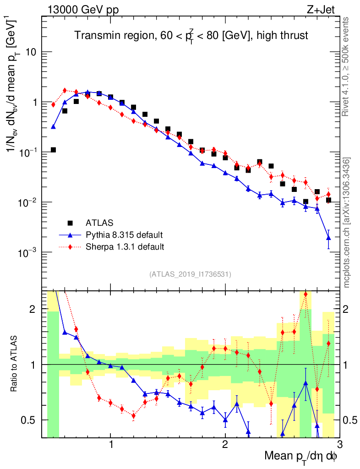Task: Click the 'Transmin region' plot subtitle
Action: (191, 36)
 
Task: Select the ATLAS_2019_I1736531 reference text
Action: (190, 274)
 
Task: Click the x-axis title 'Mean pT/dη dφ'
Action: (301, 456)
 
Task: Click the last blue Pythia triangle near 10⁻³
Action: (328, 237)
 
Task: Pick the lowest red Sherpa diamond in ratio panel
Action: (133, 416)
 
